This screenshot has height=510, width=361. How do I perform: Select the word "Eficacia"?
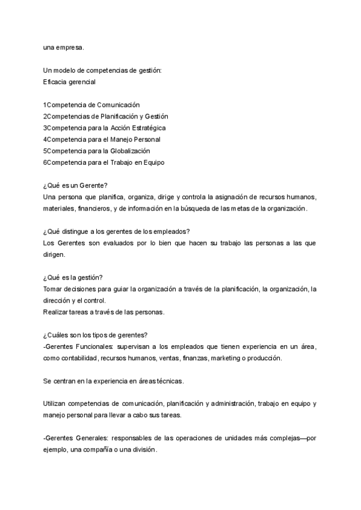click(55, 82)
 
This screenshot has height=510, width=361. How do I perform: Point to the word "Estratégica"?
click(144, 128)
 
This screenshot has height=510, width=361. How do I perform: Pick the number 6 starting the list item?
click(45, 162)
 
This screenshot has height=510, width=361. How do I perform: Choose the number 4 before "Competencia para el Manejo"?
click(45, 140)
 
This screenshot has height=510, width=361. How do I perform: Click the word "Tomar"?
click(52, 289)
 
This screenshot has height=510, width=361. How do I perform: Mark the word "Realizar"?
click(55, 312)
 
